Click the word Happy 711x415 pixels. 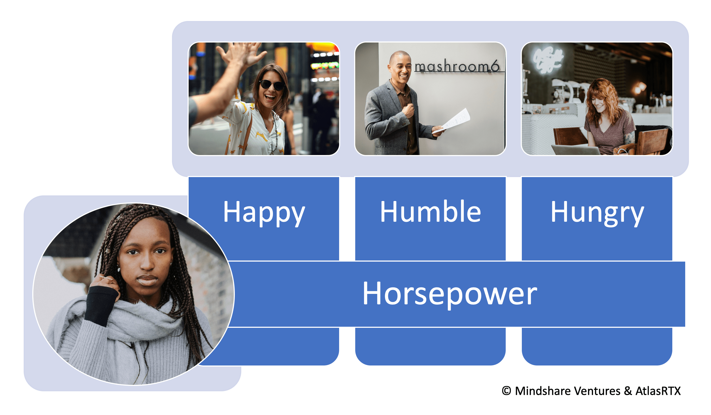[x=264, y=213]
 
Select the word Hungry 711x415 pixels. [x=597, y=213]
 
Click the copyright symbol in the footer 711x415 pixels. [x=507, y=391]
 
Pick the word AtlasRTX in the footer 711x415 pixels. [x=658, y=391]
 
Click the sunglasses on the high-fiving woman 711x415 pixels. [x=272, y=85]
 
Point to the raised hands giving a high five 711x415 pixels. [x=241, y=54]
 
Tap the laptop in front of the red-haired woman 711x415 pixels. [x=576, y=149]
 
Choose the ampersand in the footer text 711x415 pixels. [x=628, y=391]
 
